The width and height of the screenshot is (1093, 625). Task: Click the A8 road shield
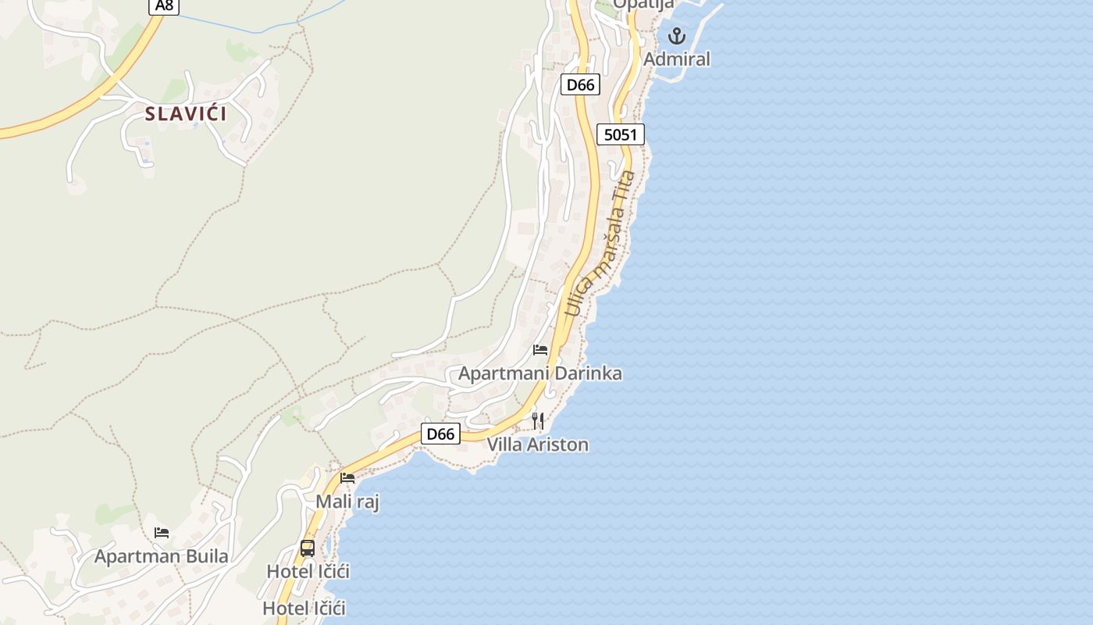(x=164, y=5)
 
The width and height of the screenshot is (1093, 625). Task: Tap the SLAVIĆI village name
(x=186, y=114)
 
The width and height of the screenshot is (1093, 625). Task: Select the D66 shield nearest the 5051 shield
(x=580, y=84)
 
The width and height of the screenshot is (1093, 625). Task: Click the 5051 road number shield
(x=621, y=134)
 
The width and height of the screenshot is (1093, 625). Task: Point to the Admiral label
(x=677, y=59)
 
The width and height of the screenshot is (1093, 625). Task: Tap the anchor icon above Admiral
(x=676, y=36)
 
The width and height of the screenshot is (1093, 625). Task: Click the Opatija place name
(x=643, y=5)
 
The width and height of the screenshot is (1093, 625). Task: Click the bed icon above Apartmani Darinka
(x=540, y=349)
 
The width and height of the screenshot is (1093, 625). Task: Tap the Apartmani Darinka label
(x=540, y=373)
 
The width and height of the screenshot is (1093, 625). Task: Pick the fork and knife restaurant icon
(x=538, y=421)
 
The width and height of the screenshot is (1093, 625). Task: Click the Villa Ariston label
(x=538, y=445)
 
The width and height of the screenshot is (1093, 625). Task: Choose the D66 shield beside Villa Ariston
(x=440, y=434)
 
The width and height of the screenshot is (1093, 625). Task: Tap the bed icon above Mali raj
(x=347, y=477)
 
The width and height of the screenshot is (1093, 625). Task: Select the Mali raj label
(x=347, y=502)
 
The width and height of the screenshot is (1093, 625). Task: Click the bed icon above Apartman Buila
(x=162, y=533)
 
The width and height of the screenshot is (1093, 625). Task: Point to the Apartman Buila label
(x=162, y=556)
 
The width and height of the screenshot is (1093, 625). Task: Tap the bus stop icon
(x=308, y=548)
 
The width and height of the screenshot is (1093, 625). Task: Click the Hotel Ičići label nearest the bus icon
(x=308, y=571)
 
